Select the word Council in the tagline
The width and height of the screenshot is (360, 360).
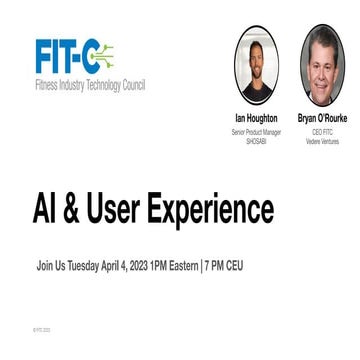[132, 86]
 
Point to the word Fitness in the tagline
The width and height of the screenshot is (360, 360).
[47, 86]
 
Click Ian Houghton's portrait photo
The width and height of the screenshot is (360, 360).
[255, 62]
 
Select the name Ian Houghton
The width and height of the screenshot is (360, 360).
[256, 118]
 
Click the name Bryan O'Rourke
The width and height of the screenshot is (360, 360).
[322, 118]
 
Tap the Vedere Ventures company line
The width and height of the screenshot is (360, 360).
[322, 141]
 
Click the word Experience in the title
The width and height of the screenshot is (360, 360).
[219, 210]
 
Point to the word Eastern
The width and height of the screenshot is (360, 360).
[183, 267]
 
